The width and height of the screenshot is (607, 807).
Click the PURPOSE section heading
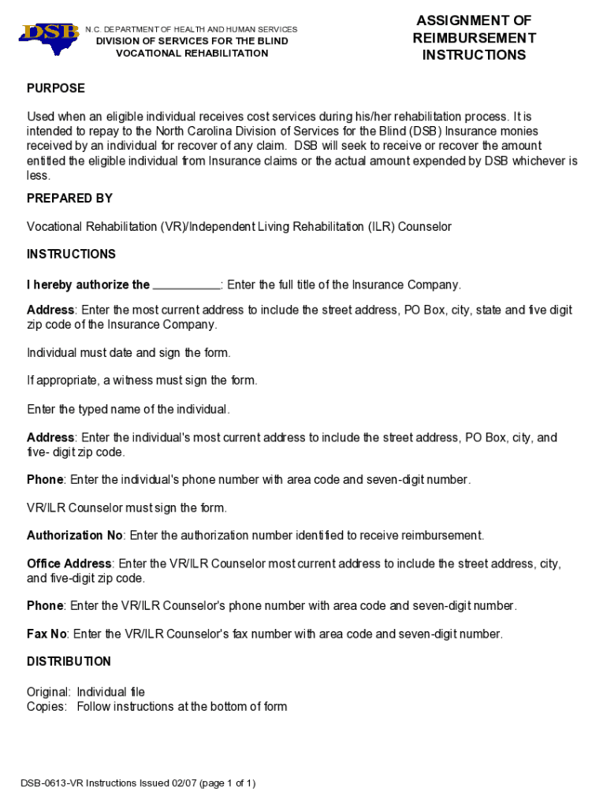point(56,88)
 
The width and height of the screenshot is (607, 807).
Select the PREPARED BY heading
point(69,198)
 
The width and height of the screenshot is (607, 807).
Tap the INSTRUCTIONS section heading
point(71,254)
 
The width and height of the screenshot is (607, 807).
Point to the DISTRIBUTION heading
point(69,661)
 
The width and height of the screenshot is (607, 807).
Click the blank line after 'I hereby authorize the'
point(186,285)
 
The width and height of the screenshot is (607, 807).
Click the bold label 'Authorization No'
point(75,536)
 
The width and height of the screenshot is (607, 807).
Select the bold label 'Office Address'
point(69,563)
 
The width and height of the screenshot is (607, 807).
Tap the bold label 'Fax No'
point(47,634)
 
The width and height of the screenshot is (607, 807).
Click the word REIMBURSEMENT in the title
point(474,38)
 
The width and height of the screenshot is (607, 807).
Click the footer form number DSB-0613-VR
point(51,783)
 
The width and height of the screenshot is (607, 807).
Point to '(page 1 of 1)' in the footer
point(228,783)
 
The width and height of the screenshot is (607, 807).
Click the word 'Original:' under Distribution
point(49,692)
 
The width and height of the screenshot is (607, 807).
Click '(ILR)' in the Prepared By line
point(381,227)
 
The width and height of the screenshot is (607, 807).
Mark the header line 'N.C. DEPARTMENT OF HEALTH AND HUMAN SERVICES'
point(192,29)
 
